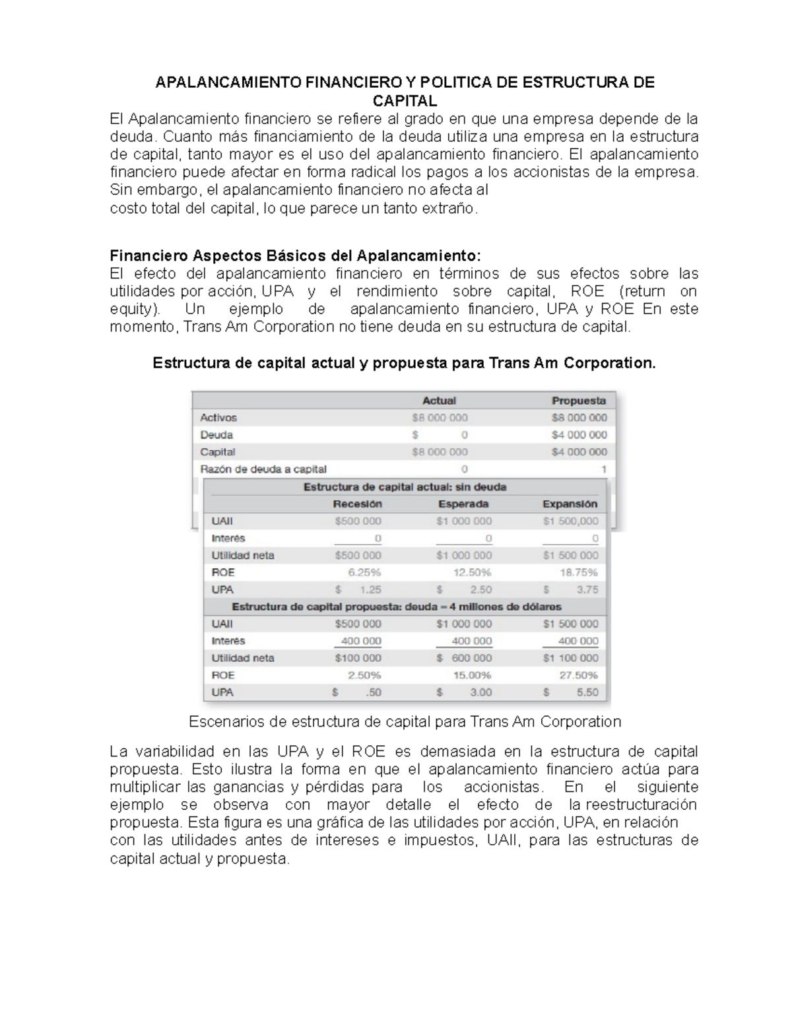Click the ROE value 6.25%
point(364,572)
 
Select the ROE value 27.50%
point(579,675)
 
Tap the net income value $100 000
point(358,658)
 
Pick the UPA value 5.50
point(587,692)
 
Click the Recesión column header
point(357,504)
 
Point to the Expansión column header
point(570,504)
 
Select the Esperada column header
point(463,504)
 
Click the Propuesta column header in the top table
point(578,401)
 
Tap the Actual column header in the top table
point(439,401)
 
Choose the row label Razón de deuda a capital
point(263,469)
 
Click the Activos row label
point(218,418)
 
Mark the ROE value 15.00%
point(472,675)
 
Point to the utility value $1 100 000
point(571,658)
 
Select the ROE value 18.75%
point(579,572)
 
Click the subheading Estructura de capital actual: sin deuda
point(405,487)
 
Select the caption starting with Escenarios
point(405,721)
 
